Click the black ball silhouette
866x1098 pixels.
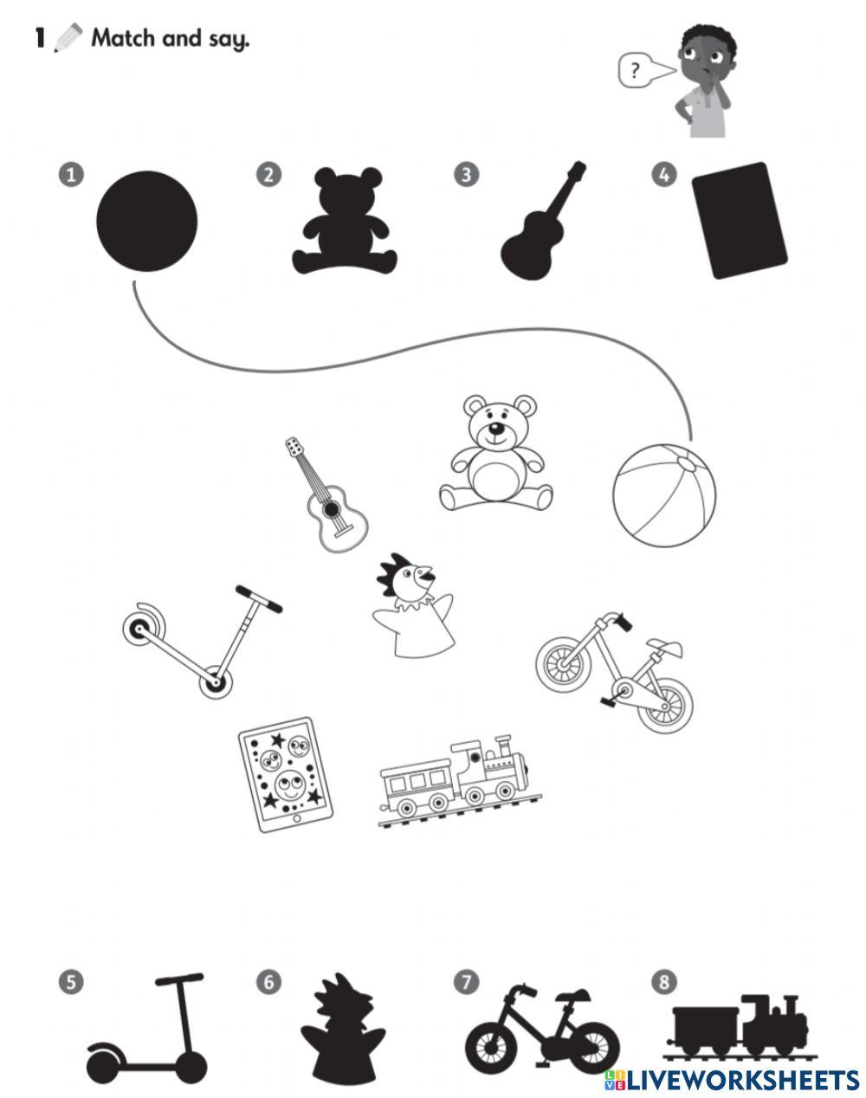point(146,221)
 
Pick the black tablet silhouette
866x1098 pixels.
point(739,220)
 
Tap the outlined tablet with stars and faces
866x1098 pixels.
point(281,773)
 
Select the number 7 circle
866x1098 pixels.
point(466,982)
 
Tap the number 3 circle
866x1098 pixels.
point(466,174)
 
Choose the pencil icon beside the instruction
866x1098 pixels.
point(69,38)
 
